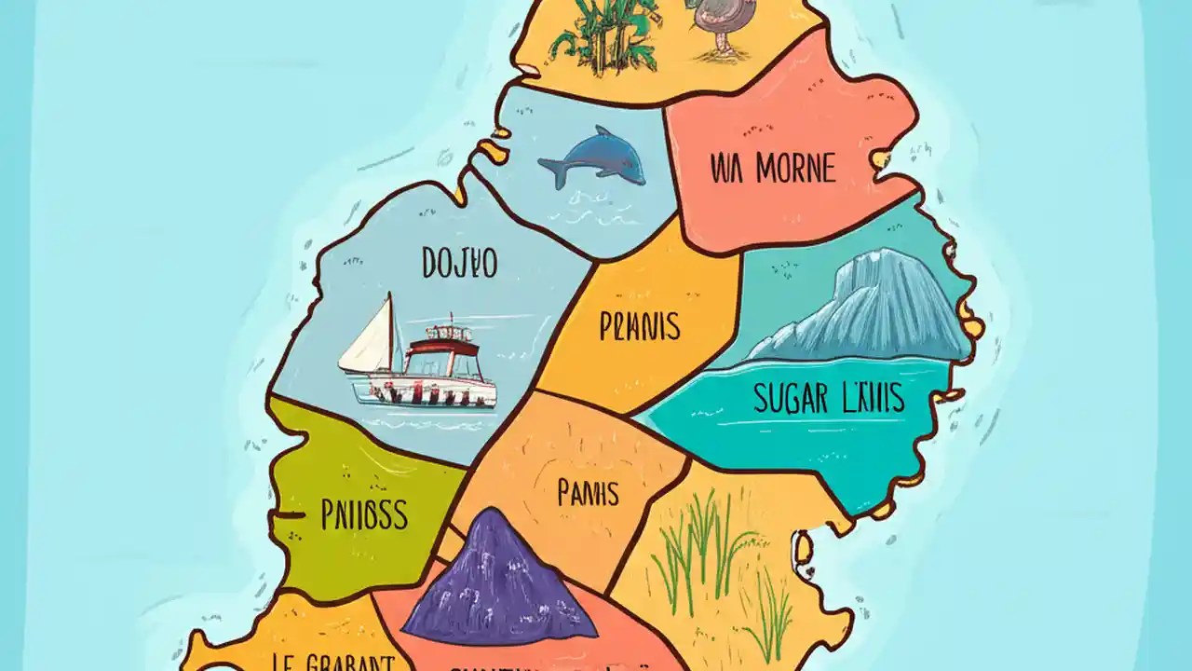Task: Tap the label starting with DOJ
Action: coord(459,264)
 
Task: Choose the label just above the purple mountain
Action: coord(588,493)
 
